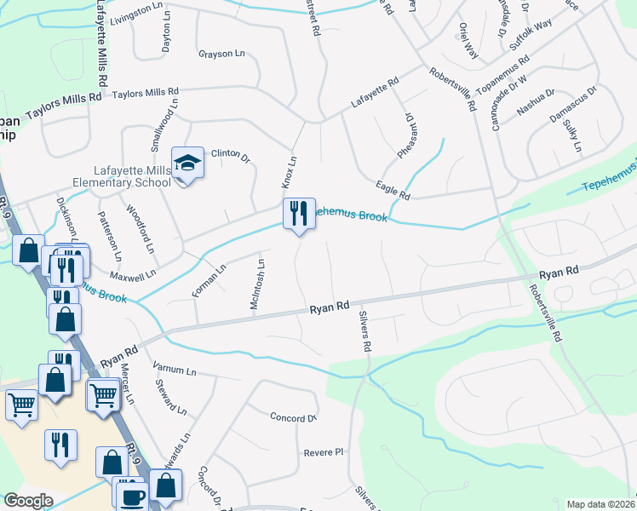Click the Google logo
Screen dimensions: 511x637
point(28,501)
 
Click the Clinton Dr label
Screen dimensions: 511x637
point(229,155)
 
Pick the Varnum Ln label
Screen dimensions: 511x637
point(175,371)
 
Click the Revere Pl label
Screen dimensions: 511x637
point(323,452)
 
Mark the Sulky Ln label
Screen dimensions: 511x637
point(572,135)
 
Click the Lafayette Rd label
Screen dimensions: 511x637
point(376,94)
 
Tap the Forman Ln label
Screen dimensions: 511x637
point(209,280)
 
